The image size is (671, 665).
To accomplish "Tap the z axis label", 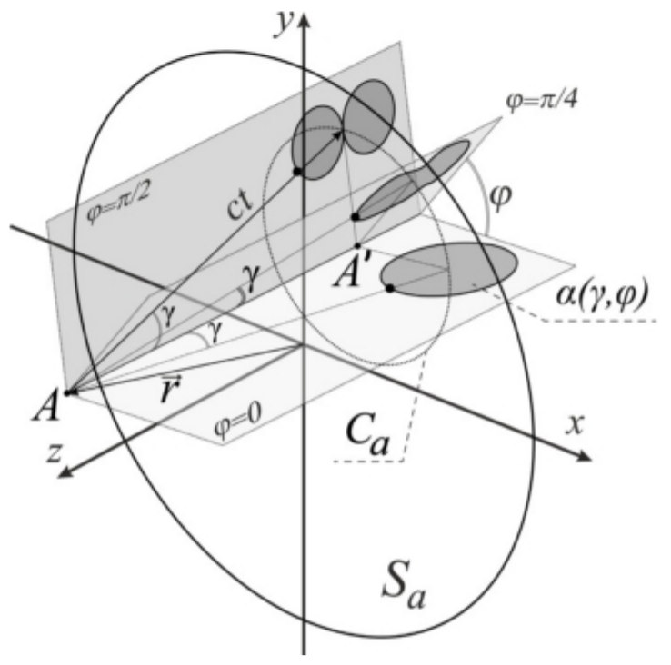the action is click(54, 453).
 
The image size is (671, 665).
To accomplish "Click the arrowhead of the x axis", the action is click(583, 457).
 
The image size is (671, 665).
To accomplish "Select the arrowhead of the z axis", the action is click(65, 471).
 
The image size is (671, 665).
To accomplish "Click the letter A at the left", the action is click(46, 408).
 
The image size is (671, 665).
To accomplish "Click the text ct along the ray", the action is click(240, 205).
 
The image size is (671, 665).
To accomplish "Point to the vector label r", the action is click(170, 389).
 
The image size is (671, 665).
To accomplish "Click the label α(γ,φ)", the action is click(602, 294).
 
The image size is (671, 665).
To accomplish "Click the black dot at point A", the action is click(67, 392).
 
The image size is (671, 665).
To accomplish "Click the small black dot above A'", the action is click(357, 246).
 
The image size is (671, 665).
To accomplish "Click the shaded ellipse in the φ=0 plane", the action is click(449, 270).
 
